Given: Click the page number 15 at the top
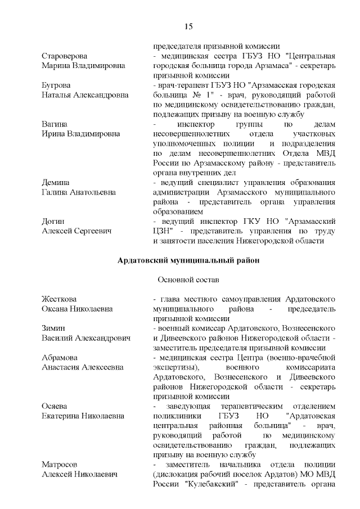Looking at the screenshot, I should click(188, 26).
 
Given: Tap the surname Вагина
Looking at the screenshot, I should click(55, 124).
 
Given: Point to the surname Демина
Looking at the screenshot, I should click(55, 182).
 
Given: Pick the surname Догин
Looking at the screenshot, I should click(53, 221).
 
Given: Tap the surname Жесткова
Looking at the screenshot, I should click(59, 299).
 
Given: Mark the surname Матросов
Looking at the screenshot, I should click(61, 464).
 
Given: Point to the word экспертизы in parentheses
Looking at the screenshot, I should click(177, 367).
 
